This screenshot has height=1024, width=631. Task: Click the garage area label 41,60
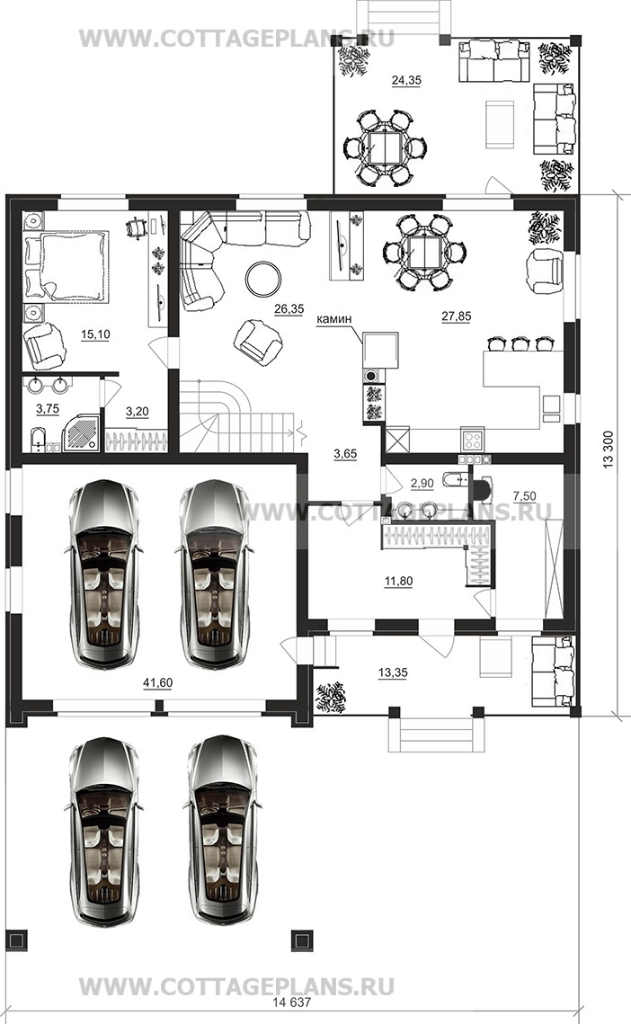click(157, 683)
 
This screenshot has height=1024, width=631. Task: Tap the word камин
click(333, 319)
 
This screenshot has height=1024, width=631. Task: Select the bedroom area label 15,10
click(95, 334)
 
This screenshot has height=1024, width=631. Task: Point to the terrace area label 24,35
click(406, 80)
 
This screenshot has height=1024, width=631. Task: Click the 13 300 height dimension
click(609, 450)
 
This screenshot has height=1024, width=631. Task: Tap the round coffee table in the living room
click(263, 279)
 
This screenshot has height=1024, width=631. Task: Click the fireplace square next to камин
click(381, 350)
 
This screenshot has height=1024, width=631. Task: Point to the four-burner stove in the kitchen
click(472, 438)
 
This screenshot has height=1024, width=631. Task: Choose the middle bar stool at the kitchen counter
click(520, 343)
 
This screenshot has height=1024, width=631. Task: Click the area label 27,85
click(456, 316)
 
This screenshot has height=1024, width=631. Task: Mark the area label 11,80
click(398, 581)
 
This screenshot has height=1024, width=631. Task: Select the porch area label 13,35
click(393, 672)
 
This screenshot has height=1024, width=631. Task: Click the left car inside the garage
click(104, 574)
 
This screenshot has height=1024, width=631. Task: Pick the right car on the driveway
click(221, 831)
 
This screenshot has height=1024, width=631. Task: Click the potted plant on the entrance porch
click(331, 697)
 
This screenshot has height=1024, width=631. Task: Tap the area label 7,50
click(525, 496)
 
